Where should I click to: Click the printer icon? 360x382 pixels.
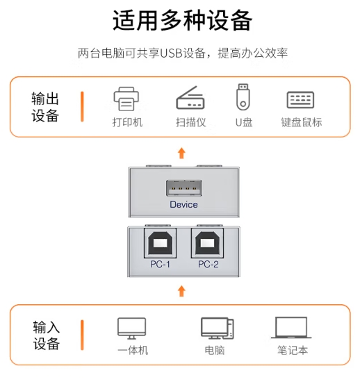pos(126,99)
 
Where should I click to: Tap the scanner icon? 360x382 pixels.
pos(190,97)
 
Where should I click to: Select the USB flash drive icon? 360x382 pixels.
pos(243,97)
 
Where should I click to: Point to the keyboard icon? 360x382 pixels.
pos(300,99)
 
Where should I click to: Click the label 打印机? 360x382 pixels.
pos(127,122)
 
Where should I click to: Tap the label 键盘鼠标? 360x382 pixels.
pos(302,122)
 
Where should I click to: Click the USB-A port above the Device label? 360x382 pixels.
pos(184,188)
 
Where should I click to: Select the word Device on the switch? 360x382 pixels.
pos(183,204)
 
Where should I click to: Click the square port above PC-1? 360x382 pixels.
pos(160,243)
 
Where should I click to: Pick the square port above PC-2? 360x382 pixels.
pos(207,243)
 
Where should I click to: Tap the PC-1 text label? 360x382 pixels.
pos(160,264)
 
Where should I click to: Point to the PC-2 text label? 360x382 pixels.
pos(208,264)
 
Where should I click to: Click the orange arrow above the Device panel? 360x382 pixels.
pos(181,153)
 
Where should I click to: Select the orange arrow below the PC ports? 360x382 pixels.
pos(181,291)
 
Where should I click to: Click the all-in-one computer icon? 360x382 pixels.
pos(131,329)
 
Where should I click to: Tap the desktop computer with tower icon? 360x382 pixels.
pos(217,329)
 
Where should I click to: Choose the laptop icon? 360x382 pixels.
pos(291,328)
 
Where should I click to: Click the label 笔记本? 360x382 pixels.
pos(293,350)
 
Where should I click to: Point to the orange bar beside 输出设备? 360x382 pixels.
pos(82,106)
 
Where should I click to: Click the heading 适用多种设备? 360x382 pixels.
pos(182,20)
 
